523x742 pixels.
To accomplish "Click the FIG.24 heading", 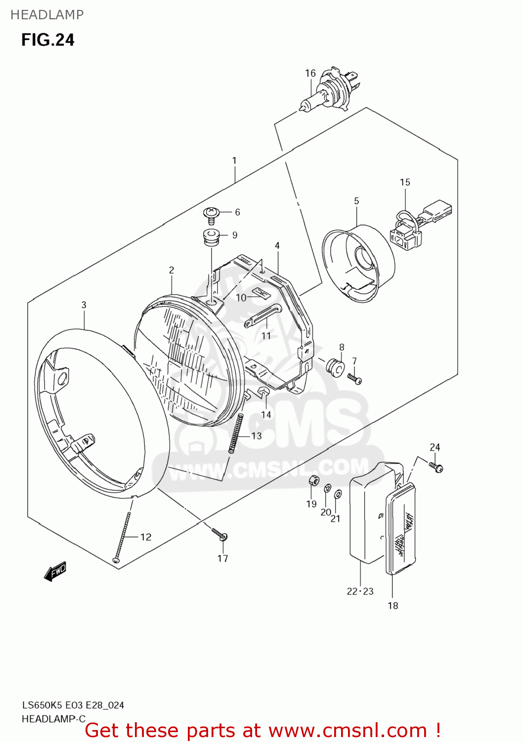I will click(x=47, y=40).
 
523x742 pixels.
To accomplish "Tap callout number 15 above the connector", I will click(x=405, y=182).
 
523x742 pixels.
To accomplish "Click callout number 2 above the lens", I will click(x=172, y=270).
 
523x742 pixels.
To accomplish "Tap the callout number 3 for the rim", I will click(x=84, y=305).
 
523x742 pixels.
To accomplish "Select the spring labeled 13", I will click(x=236, y=433).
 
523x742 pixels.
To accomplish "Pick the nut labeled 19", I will click(x=312, y=480).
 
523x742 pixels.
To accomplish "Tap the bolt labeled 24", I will click(x=437, y=466).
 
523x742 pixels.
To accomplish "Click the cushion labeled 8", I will click(x=335, y=367).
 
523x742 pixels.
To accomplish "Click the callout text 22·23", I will click(x=360, y=591).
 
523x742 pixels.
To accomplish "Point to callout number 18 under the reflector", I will click(x=392, y=605).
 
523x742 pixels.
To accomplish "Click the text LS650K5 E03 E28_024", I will click(x=73, y=705).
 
